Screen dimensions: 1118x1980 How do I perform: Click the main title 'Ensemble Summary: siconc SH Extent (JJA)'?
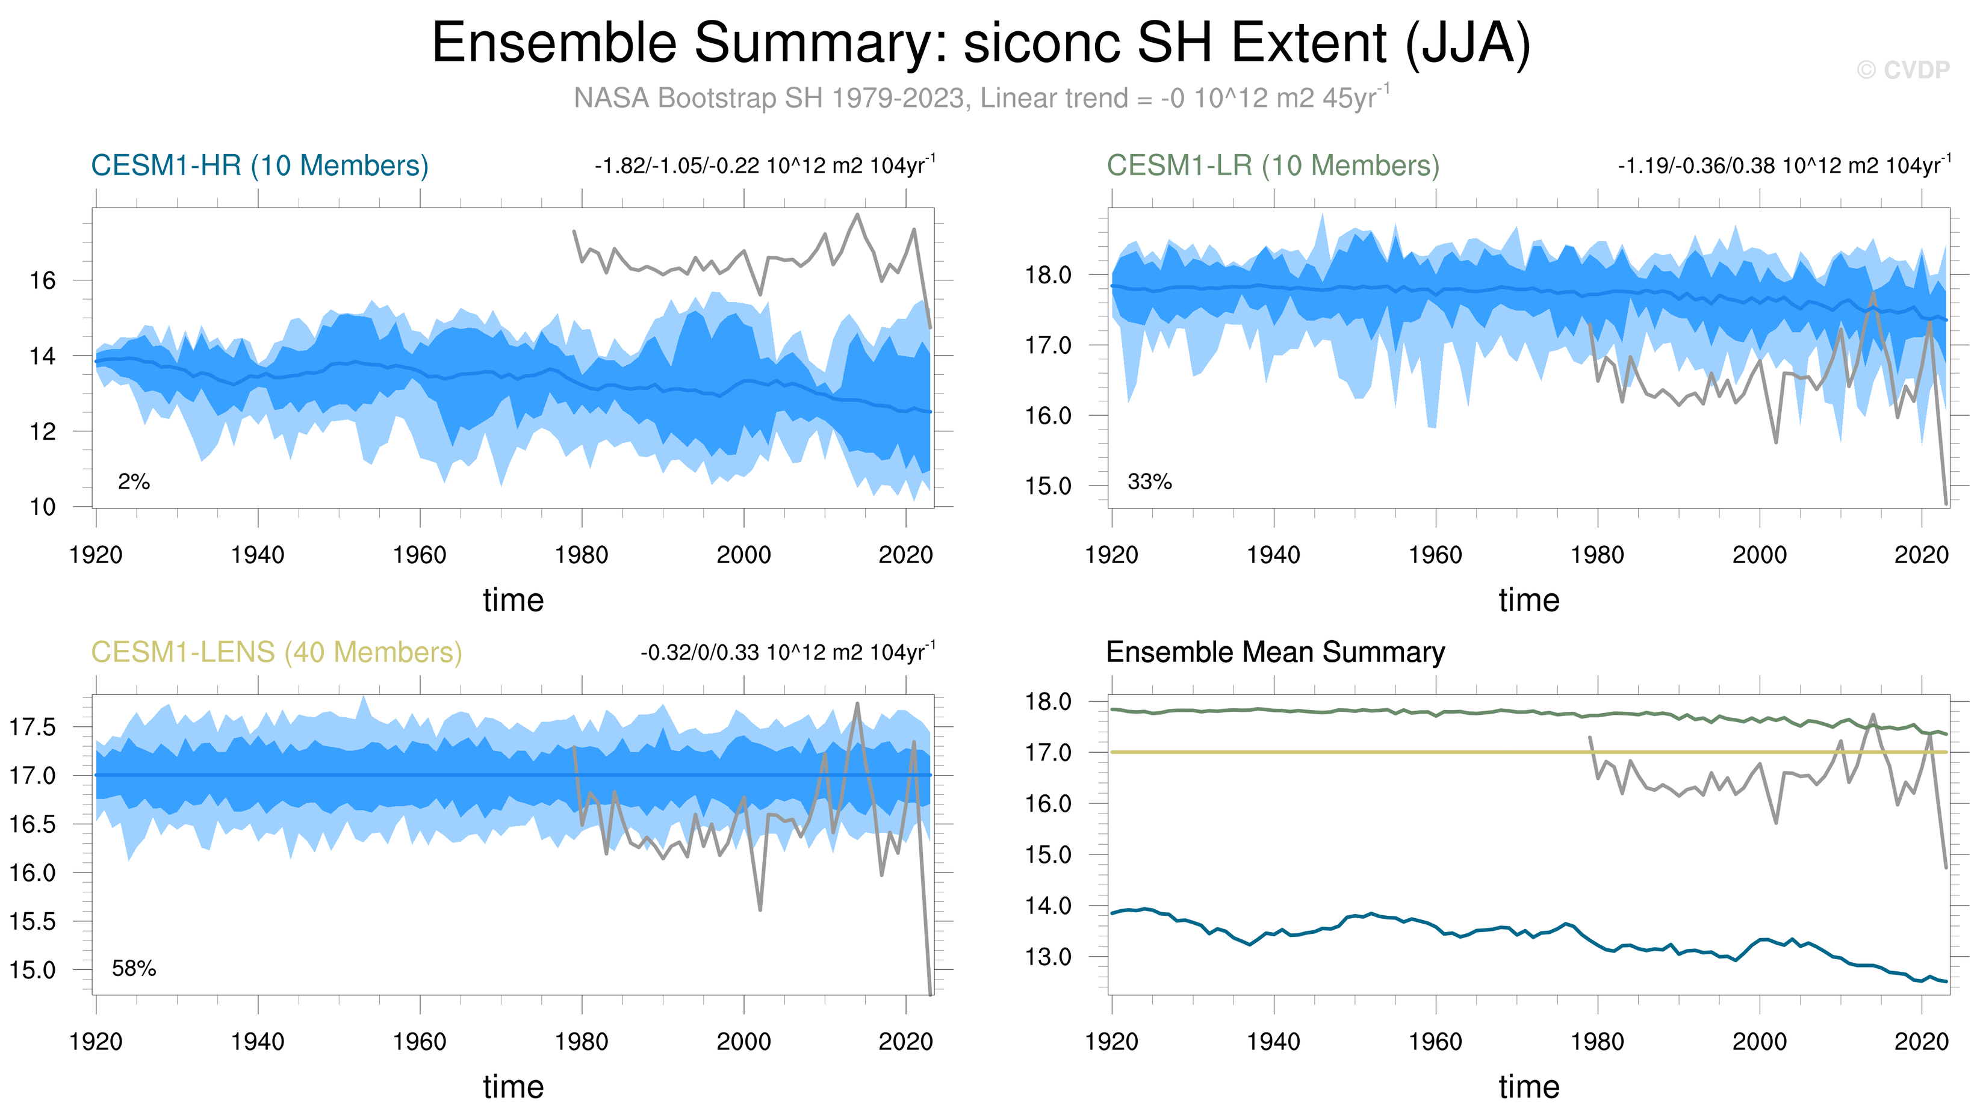coord(981,43)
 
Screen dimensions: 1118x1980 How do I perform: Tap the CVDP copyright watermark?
coord(1902,70)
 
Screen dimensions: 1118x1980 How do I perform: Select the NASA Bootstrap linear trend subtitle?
coord(981,98)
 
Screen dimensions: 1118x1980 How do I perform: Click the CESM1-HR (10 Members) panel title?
coord(260,165)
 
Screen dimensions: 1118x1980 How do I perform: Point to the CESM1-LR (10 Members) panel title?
coord(1273,165)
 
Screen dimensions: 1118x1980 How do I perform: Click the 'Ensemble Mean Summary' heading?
coord(1275,652)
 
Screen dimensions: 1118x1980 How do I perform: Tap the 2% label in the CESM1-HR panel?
coord(134,482)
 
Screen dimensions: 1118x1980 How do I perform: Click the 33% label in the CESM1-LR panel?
coord(1149,482)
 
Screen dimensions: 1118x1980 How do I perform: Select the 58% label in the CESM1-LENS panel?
coord(134,969)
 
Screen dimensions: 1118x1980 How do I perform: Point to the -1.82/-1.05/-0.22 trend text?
coord(765,165)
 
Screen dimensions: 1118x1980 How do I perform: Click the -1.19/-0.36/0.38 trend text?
coord(1783,165)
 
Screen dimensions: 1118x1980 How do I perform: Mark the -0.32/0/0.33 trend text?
coord(788,652)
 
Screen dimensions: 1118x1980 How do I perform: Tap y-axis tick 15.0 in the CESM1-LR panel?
coord(1049,486)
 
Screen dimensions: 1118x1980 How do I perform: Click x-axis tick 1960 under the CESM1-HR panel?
coord(420,555)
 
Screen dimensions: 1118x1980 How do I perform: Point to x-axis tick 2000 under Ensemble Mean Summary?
coord(1760,1042)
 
